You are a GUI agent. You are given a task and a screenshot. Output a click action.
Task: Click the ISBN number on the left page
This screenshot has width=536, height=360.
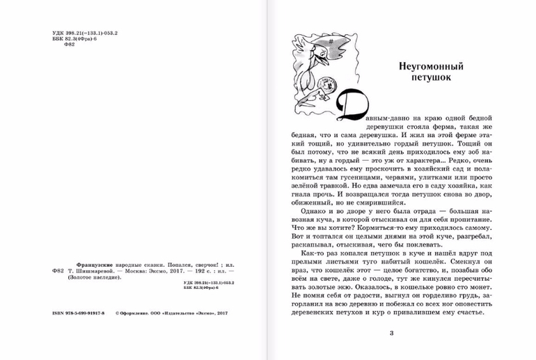[77, 314]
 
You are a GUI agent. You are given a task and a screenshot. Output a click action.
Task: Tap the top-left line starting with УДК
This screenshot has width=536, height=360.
[86, 32]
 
